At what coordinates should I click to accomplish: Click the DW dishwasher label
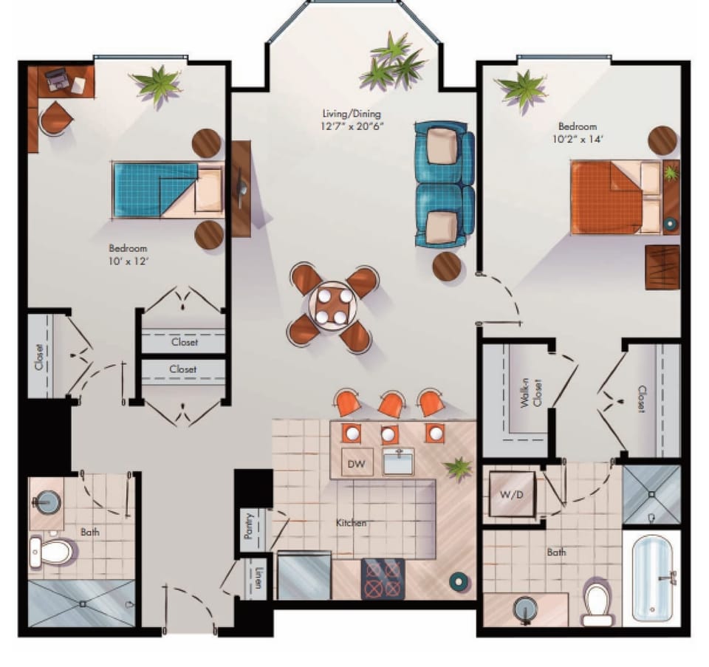pos(356,464)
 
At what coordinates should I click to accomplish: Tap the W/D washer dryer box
pos(512,494)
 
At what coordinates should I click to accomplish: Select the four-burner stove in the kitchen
pos(383,579)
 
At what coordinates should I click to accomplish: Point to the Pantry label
pos(248,525)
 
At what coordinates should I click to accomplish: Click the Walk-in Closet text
pos(531,393)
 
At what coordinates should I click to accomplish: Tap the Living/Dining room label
pos(352,114)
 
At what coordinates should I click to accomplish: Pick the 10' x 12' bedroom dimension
pos(129,261)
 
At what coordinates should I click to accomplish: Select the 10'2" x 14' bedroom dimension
pos(578,139)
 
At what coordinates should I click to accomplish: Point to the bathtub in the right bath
pos(652,578)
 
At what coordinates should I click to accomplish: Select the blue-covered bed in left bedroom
pos(168,190)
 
